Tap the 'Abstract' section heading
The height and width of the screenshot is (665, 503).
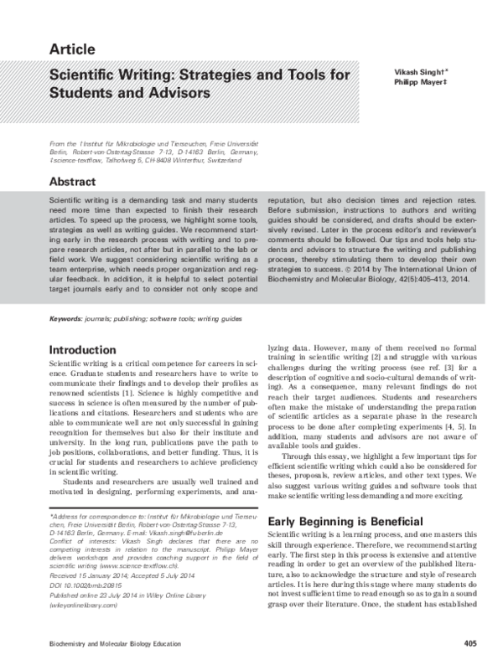tap(76, 180)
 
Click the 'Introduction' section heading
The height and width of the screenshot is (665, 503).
tap(88, 348)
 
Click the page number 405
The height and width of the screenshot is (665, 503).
tap(469, 643)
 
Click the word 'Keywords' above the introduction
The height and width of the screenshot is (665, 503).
tap(66, 319)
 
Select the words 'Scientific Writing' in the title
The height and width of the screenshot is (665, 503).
tap(104, 75)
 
